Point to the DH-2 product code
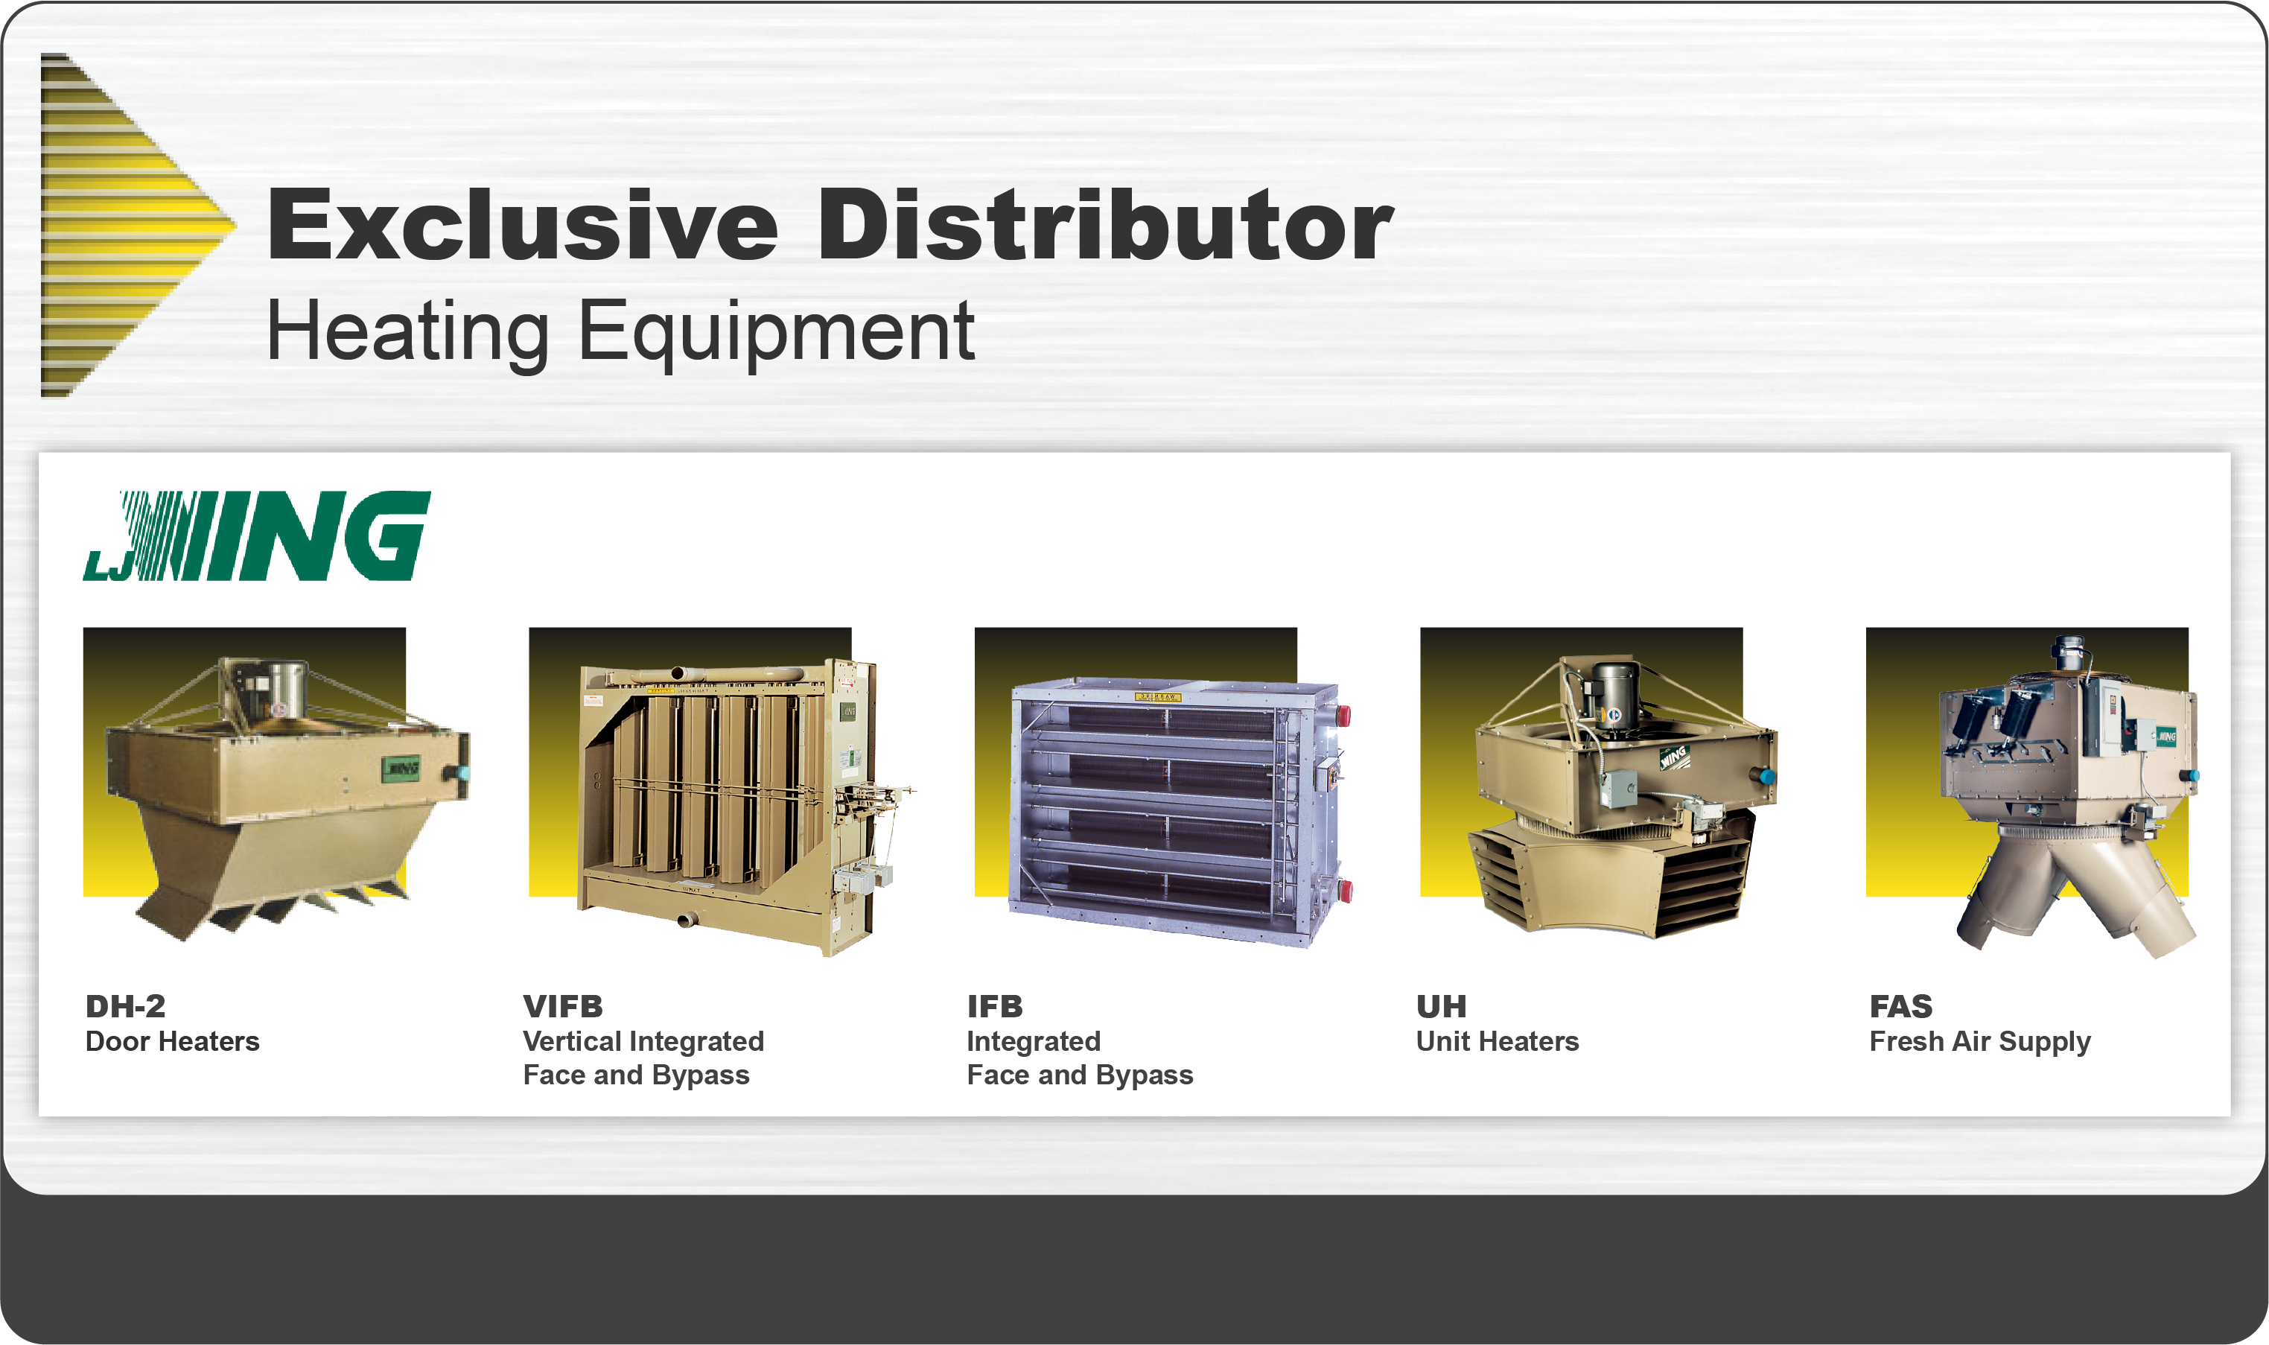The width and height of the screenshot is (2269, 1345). click(x=125, y=1006)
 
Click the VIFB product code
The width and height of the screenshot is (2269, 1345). click(x=563, y=1006)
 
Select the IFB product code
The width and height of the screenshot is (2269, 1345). click(x=994, y=1006)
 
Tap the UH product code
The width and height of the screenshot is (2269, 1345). click(x=1441, y=1006)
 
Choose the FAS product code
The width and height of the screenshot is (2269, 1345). click(x=1901, y=1006)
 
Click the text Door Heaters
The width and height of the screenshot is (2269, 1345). click(x=172, y=1041)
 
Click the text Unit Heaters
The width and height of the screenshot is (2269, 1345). click(x=1497, y=1041)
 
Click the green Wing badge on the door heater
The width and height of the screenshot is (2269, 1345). click(x=401, y=769)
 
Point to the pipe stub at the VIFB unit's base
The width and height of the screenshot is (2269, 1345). click(x=688, y=920)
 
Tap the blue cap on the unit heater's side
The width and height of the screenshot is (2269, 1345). click(x=1765, y=776)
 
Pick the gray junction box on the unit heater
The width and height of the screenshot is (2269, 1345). click(x=1617, y=788)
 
